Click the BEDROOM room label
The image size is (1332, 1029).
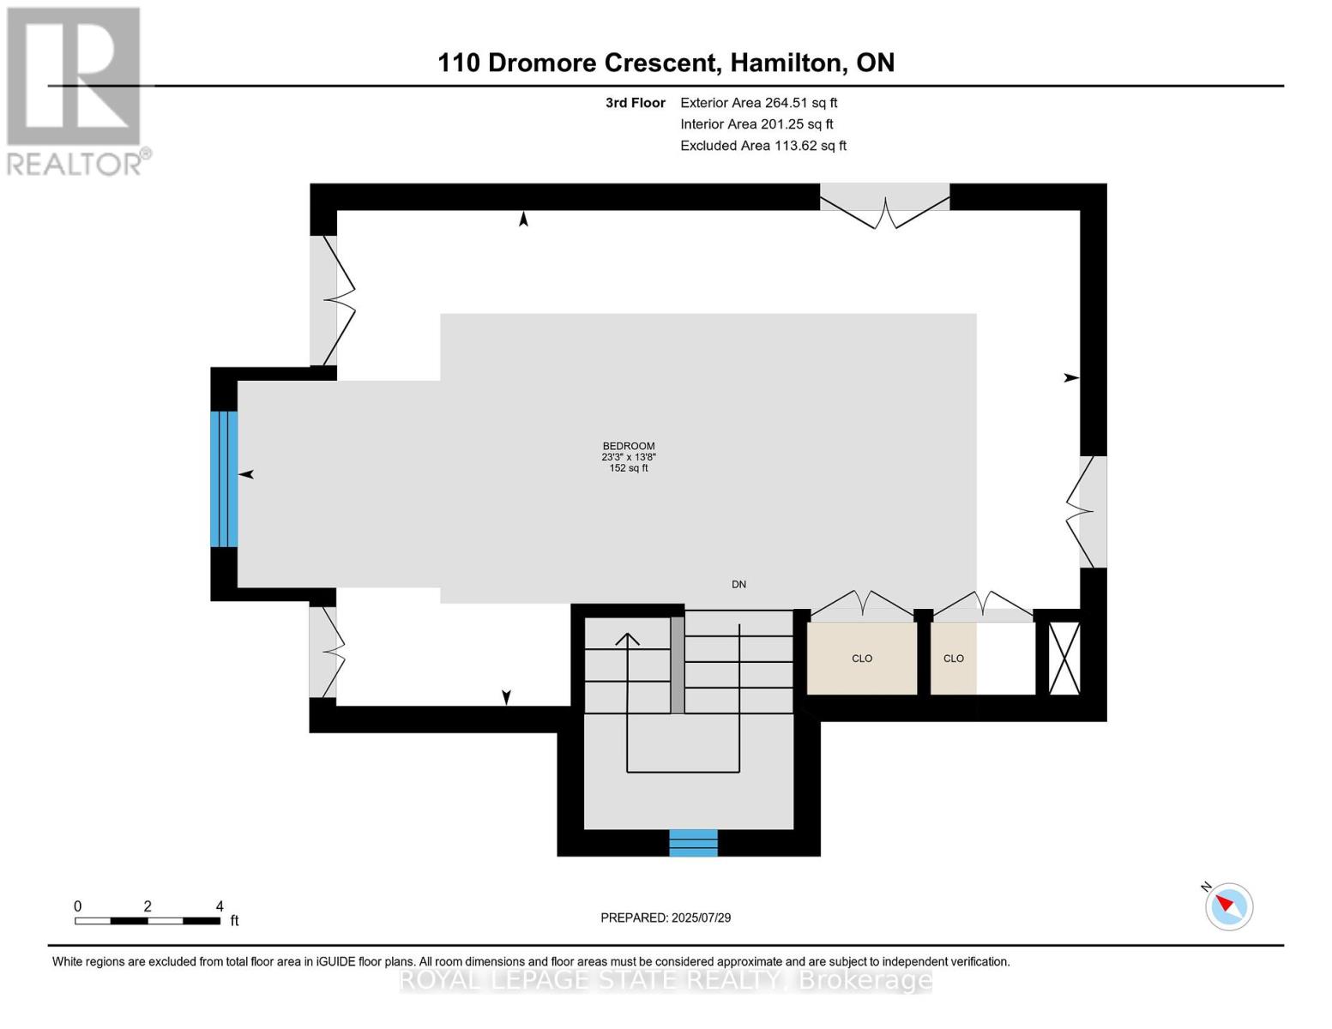pos(629,446)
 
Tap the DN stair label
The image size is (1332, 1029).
pos(738,585)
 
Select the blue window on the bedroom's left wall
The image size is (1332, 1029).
pos(224,478)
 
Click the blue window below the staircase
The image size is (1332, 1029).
pos(693,843)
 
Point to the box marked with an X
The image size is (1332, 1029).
pos(1064,659)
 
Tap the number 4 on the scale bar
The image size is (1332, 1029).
pos(220,906)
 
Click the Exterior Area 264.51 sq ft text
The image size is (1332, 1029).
pos(758,103)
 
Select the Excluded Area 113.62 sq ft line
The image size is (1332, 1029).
pos(763,146)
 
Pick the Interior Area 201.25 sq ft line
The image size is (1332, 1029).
pos(756,124)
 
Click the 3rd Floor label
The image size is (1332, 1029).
pos(635,103)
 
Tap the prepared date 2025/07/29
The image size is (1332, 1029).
pos(701,918)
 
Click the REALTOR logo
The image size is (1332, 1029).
pos(76,92)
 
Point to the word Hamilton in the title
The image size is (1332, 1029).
pos(786,63)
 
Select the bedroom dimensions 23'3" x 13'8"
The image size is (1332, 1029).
pos(629,457)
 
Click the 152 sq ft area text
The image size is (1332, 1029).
pos(629,468)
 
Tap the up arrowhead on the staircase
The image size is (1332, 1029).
pos(627,639)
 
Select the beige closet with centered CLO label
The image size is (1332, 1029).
pos(862,659)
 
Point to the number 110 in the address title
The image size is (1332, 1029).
pos(459,63)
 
